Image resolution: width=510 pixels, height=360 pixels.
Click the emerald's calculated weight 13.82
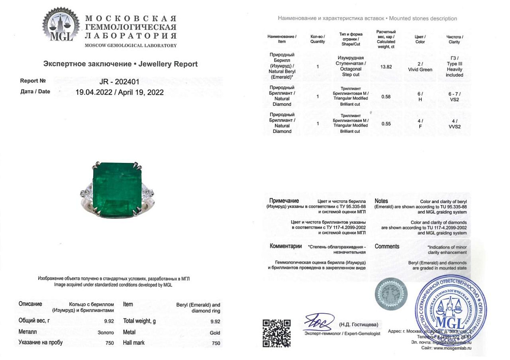click(386, 67)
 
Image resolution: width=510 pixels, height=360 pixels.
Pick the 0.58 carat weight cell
click(386, 97)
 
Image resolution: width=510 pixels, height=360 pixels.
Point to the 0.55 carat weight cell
click(386, 124)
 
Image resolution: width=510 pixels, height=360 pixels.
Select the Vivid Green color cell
click(420, 70)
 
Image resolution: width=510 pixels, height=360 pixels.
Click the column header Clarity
click(455, 42)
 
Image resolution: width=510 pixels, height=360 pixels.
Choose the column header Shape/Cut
click(350, 44)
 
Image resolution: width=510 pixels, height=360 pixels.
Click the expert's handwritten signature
click(319, 322)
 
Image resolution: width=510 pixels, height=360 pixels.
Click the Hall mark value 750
click(216, 343)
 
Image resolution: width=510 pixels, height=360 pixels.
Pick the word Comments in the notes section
click(387, 246)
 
